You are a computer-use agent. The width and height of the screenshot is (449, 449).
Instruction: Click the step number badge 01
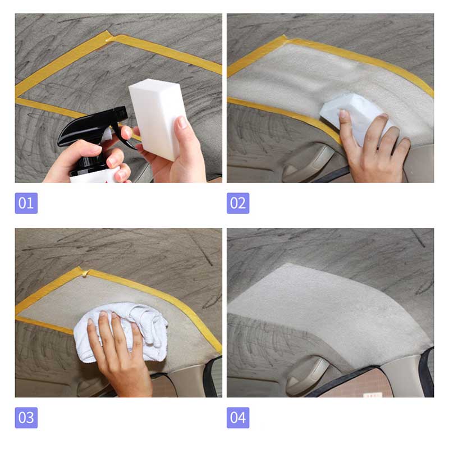26,203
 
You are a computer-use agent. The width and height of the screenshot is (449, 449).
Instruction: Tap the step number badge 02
238,203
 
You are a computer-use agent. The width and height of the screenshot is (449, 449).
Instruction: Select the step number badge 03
26,418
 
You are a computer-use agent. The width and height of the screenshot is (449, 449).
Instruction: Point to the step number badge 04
238,418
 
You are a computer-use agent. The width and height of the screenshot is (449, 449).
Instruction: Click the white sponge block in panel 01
158,117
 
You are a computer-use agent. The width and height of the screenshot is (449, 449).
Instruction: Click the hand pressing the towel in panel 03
120,358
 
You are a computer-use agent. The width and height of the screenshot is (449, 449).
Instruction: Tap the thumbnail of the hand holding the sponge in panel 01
182,122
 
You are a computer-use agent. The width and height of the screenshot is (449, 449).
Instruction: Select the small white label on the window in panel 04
373,395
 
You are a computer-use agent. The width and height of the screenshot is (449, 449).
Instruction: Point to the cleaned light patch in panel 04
329,312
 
